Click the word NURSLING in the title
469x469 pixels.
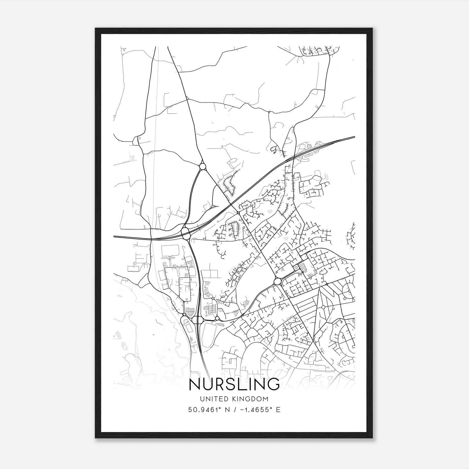(x=234, y=384)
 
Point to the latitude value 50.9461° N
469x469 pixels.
(x=210, y=409)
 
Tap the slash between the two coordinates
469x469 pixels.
(x=235, y=409)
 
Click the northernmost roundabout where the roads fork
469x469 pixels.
(x=203, y=167)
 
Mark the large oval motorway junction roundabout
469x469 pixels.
(x=186, y=234)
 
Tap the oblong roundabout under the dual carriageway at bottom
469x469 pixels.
(x=198, y=320)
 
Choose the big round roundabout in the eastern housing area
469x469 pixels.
(x=277, y=282)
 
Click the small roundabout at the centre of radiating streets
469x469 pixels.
(x=323, y=307)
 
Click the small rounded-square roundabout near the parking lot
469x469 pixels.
(x=296, y=267)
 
